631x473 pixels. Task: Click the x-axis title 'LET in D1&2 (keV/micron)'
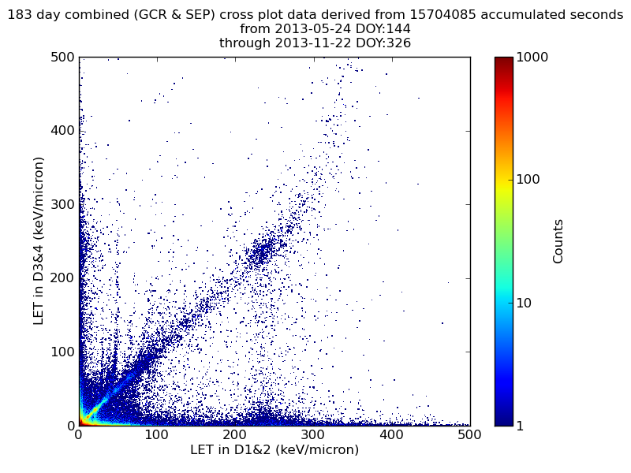coord(274,449)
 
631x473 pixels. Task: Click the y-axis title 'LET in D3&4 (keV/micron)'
coord(38,240)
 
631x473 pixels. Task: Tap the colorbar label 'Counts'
coord(558,240)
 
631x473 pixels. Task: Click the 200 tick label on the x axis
coord(235,434)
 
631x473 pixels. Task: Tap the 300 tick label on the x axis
coord(313,434)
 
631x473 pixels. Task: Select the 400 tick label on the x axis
coord(392,434)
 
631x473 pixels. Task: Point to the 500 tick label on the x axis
coord(470,434)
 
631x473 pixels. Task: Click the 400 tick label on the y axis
coord(62,131)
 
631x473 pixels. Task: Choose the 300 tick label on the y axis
coord(62,205)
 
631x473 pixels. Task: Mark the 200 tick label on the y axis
coord(62,278)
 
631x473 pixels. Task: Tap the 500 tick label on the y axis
coord(62,58)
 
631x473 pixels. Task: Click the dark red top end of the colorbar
coord(503,60)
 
